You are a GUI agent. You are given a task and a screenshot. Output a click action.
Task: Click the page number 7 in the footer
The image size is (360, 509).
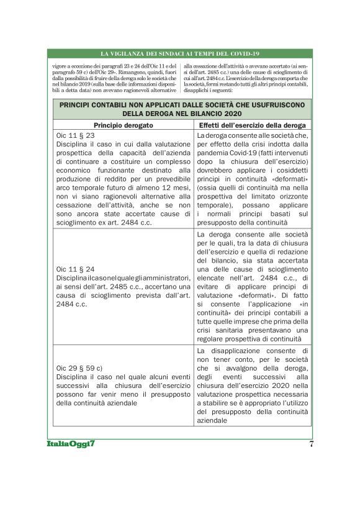point(310,444)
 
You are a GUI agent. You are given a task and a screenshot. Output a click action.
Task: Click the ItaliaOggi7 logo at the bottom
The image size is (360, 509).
point(70,444)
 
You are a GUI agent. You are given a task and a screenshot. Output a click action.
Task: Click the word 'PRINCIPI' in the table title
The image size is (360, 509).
point(79,105)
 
